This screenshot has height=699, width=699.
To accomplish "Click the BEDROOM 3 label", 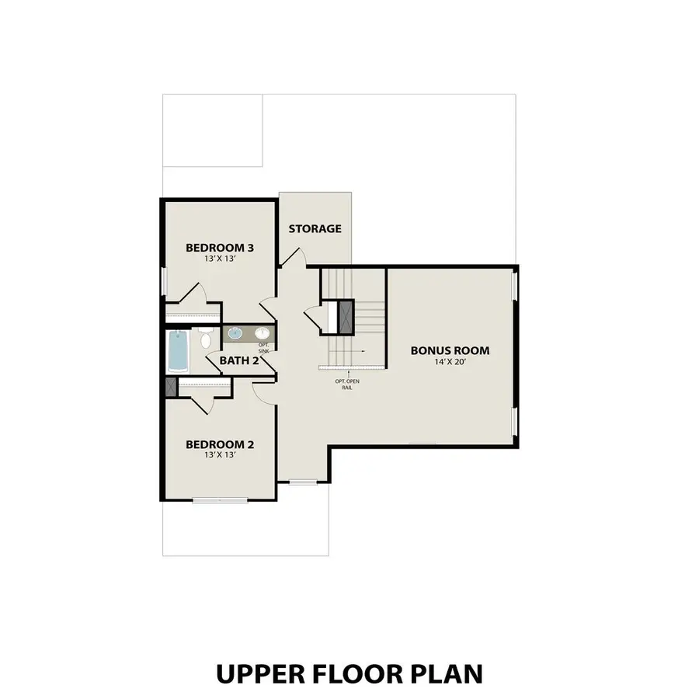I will click(220, 248).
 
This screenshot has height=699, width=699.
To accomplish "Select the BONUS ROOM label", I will click(450, 350).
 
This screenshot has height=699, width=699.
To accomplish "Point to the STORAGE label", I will click(315, 228).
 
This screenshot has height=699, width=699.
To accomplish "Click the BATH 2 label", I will click(238, 360).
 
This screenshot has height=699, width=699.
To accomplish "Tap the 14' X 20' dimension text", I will click(450, 362).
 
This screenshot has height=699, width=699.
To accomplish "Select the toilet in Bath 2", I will click(206, 339).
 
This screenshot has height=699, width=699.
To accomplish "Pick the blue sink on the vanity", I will click(235, 334).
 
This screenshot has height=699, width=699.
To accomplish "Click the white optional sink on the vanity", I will click(261, 334).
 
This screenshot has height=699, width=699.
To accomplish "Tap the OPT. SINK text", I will click(263, 348).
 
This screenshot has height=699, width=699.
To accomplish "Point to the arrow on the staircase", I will click(361, 351).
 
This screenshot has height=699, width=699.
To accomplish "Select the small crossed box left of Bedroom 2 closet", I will click(171, 388).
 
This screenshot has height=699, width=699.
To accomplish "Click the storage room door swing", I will click(293, 257).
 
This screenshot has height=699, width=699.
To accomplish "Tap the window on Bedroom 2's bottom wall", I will click(219, 499).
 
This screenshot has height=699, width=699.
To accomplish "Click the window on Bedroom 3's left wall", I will click(163, 282).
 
